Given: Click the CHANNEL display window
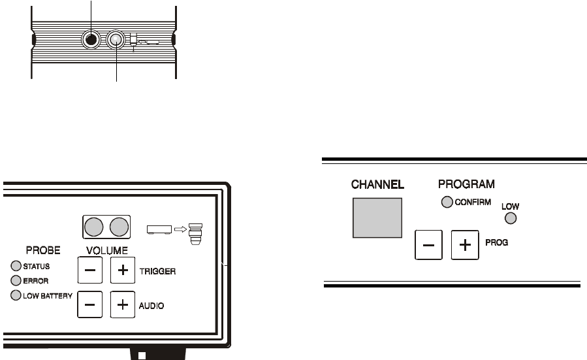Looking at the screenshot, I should click(377, 217).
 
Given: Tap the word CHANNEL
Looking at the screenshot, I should click(377, 185).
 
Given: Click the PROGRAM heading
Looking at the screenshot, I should click(466, 184).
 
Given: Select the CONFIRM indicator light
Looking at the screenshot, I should click(446, 202).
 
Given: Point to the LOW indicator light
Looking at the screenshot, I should click(511, 218).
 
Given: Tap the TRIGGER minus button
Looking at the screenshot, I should click(90, 269).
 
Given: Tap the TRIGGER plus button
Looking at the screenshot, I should click(121, 269).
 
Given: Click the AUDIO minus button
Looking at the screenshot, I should click(90, 304).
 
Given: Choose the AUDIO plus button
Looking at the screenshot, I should click(121, 304).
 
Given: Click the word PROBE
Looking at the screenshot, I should click(42, 250).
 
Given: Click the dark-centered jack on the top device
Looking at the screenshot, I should click(91, 40).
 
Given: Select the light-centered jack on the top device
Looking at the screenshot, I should click(116, 40).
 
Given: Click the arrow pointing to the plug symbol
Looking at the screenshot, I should click(180, 229).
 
